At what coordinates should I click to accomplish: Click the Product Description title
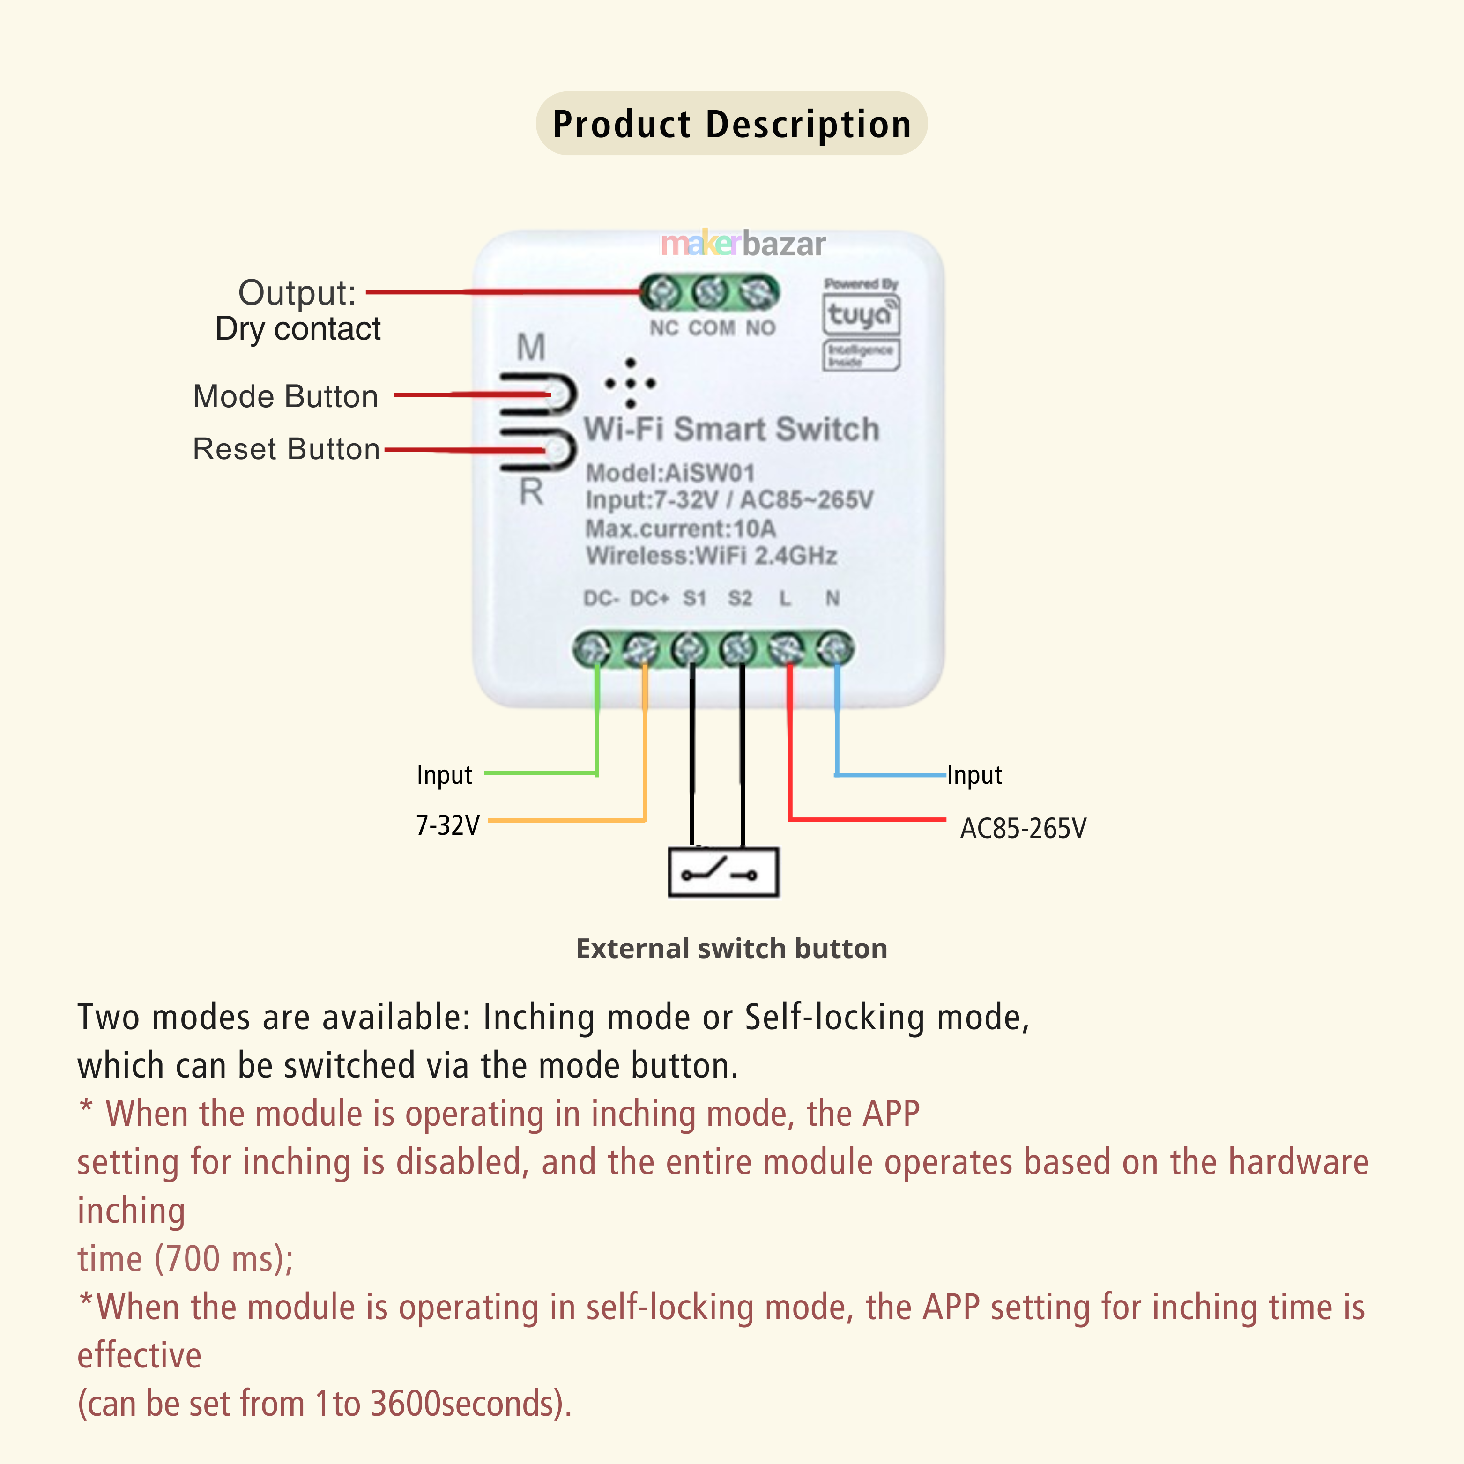click(731, 124)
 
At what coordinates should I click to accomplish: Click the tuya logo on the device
click(861, 314)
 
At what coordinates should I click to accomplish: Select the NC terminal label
click(664, 328)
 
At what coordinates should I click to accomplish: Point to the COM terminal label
click(712, 328)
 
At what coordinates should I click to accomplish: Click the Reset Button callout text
click(286, 449)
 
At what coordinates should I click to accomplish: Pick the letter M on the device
click(530, 347)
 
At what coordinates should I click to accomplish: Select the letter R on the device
click(530, 492)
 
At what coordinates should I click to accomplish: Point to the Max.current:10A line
click(681, 528)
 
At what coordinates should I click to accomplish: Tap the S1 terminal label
click(694, 599)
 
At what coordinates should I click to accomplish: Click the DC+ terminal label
click(649, 599)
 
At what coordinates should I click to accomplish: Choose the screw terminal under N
click(834, 649)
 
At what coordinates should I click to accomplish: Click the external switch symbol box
click(723, 873)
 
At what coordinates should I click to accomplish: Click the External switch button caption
click(731, 948)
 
